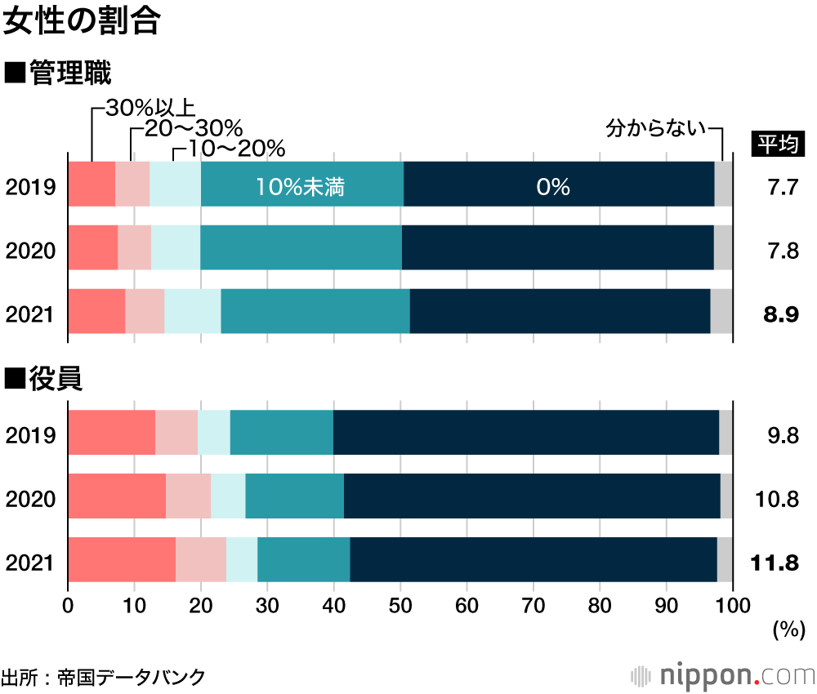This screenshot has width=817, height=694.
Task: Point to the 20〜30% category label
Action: pos(194,129)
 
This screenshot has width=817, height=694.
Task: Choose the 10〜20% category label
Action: pos(230,149)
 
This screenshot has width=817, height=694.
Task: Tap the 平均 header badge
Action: pos(778,145)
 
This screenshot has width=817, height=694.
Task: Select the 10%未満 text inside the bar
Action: pos(300,187)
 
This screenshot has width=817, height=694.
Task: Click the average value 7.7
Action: pos(782,188)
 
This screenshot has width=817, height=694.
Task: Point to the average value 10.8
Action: pos(779,499)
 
